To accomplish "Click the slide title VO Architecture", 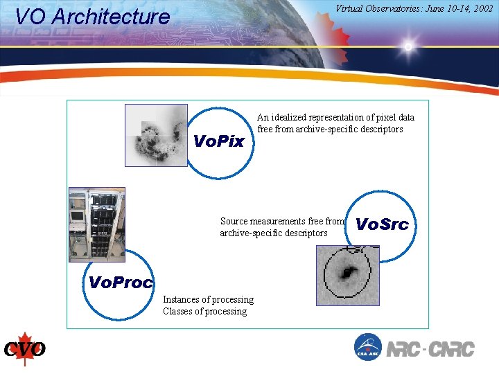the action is click(92, 17).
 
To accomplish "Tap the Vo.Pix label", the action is click(219, 142).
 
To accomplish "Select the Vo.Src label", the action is click(382, 224).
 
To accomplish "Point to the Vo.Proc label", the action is click(121, 282).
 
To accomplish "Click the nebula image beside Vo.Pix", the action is click(156, 135).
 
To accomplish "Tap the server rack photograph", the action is click(96, 224).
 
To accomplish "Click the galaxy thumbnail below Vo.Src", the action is click(347, 275).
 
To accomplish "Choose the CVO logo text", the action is click(25, 349).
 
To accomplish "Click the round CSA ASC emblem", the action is click(367, 347).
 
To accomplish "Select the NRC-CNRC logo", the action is click(430, 348).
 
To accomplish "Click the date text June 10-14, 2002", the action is click(457, 9).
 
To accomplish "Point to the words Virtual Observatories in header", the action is click(376, 9).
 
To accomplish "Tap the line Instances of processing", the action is click(208, 299).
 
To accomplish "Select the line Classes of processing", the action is click(204, 311).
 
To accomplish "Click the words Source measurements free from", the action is click(281, 221).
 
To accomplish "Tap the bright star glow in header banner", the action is click(408, 47).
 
